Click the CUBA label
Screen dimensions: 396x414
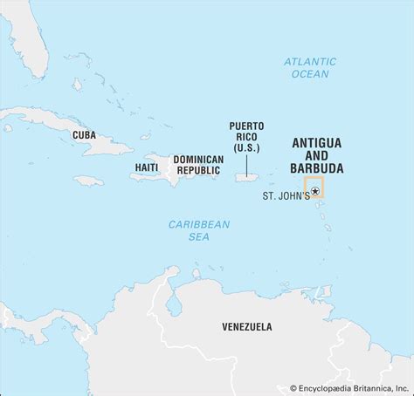(x=84, y=134)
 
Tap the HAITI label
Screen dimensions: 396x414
(x=147, y=166)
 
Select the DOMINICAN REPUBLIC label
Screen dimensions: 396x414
(x=199, y=166)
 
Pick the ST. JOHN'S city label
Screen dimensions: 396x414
(x=286, y=196)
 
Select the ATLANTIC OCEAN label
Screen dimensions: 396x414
(x=306, y=67)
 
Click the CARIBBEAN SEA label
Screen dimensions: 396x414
(x=200, y=231)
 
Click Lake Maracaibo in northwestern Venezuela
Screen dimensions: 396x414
(x=172, y=305)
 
